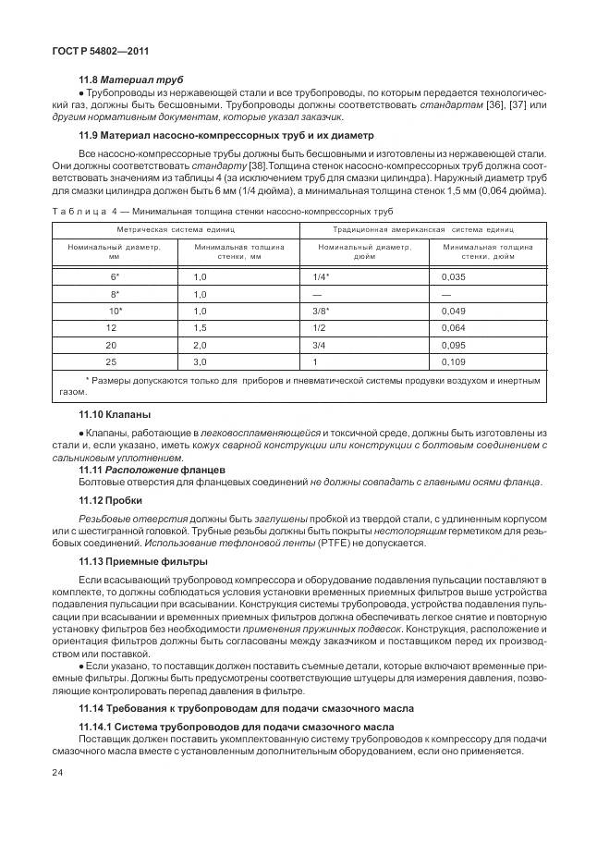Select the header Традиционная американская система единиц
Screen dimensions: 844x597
(x=422, y=228)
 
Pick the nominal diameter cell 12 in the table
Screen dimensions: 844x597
(x=112, y=327)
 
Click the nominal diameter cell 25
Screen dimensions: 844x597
(x=112, y=361)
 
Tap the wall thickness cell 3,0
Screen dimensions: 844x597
(x=200, y=361)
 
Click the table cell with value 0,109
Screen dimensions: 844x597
(x=454, y=361)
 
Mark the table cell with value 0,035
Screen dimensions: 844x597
(x=454, y=276)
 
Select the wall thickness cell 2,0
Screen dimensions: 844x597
(x=200, y=344)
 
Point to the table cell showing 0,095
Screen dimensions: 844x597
(x=454, y=344)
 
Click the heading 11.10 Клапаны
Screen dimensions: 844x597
(x=116, y=415)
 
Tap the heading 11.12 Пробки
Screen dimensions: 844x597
(x=110, y=499)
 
